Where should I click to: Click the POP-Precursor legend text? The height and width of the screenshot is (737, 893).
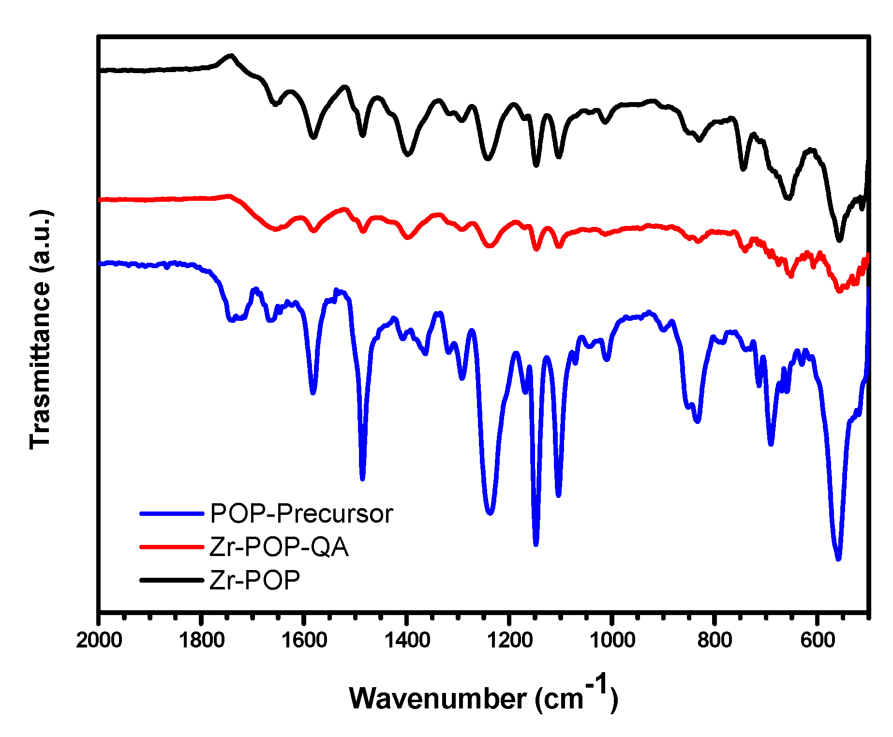tap(301, 514)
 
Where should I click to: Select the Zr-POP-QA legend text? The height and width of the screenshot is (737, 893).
tap(279, 547)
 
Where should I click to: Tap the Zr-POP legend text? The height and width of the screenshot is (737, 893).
tap(255, 580)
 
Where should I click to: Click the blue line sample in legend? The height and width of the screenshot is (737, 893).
tap(172, 513)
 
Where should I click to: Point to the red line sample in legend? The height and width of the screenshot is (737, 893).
tap(172, 547)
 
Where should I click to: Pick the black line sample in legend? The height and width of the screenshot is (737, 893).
tap(172, 579)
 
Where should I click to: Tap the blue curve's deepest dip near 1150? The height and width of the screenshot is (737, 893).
tap(536, 544)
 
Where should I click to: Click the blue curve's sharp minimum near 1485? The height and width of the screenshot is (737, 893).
tap(362, 479)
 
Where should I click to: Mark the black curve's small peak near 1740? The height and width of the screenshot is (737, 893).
tap(231, 56)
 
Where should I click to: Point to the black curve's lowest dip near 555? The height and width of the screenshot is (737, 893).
tap(839, 240)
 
